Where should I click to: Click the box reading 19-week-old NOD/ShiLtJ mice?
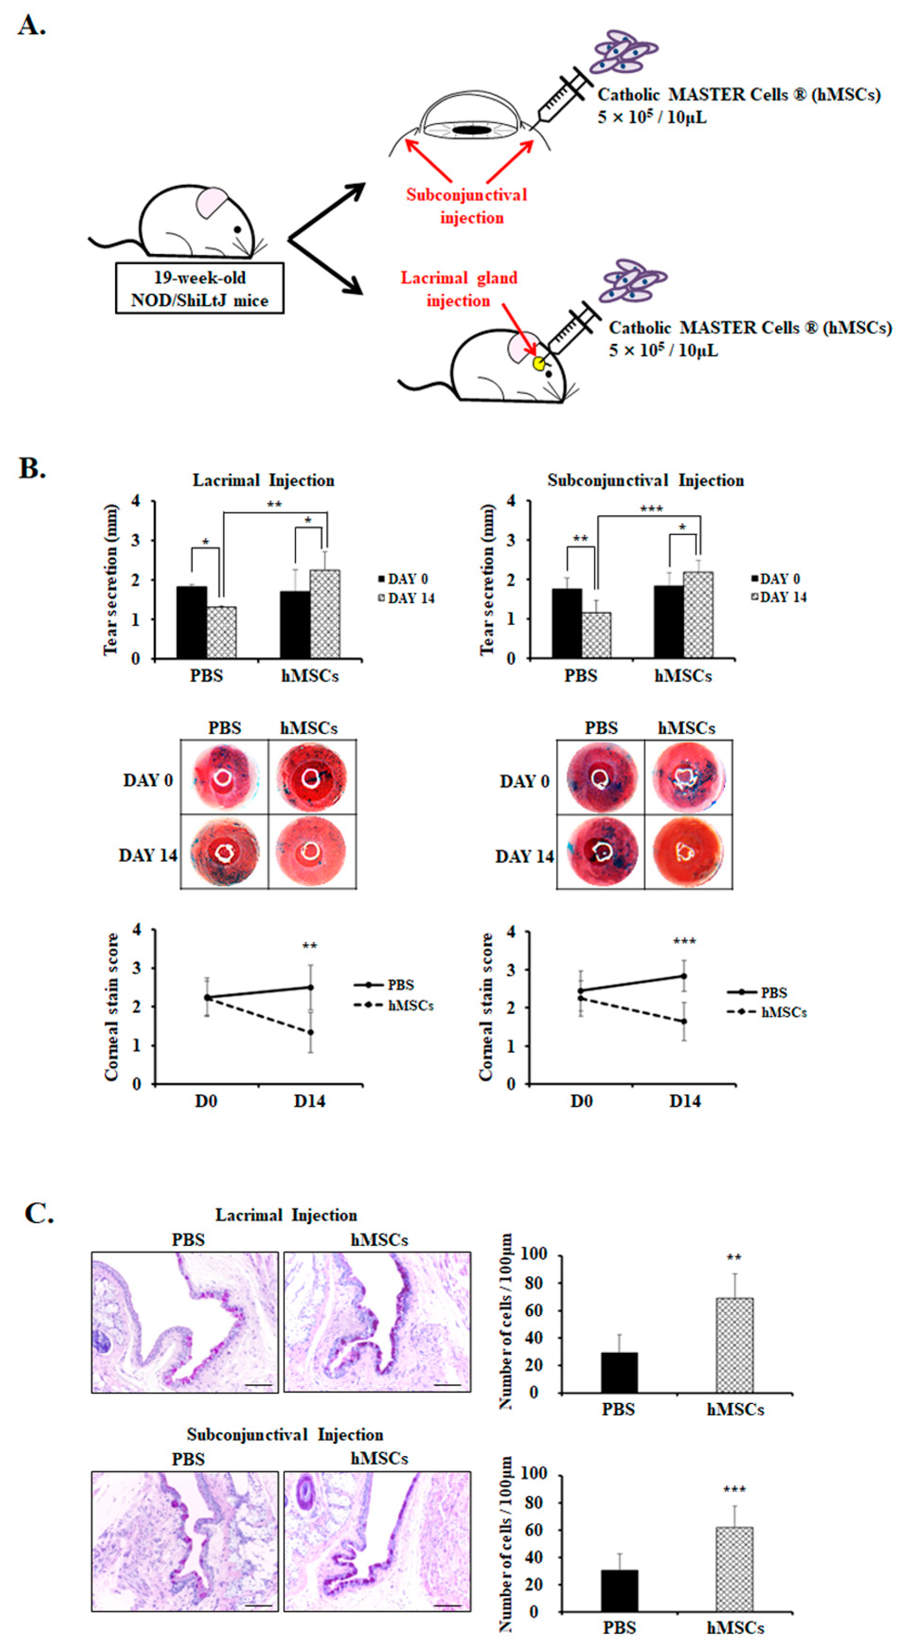tap(199, 288)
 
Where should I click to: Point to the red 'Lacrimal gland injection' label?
tap(459, 289)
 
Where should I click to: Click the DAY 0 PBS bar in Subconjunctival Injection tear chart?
tap(567, 623)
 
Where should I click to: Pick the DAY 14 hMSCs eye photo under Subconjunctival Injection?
tap(688, 852)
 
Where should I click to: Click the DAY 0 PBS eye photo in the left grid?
tap(224, 777)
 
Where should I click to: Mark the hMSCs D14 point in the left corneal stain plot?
tap(310, 1033)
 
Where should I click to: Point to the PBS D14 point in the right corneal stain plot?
tap(684, 977)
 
